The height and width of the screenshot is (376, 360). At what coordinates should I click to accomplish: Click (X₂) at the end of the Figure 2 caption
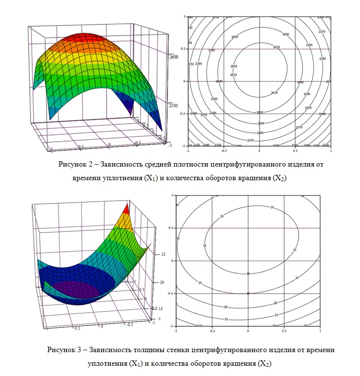click(x=278, y=178)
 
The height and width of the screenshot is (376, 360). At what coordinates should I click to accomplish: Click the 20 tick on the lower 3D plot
click(x=162, y=282)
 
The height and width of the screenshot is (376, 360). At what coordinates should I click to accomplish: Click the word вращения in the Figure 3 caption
click(x=237, y=363)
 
